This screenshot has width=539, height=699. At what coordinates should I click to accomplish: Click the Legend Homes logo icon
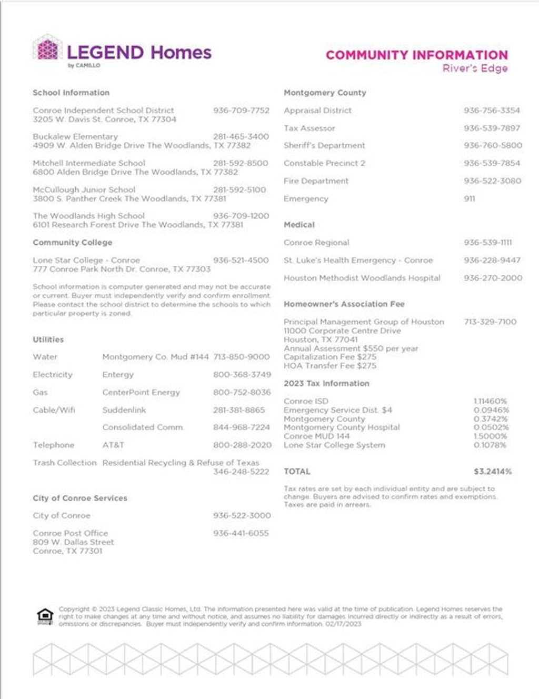pyautogui.click(x=47, y=49)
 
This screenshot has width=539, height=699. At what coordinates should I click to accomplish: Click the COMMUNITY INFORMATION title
pyautogui.click(x=416, y=55)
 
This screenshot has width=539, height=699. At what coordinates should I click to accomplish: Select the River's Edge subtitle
pyautogui.click(x=475, y=68)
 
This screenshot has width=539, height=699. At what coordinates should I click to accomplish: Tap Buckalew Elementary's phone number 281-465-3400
pyautogui.click(x=241, y=136)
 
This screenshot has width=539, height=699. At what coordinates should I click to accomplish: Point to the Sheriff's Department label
pyautogui.click(x=324, y=145)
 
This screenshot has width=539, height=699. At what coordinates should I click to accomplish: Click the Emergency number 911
pyautogui.click(x=469, y=198)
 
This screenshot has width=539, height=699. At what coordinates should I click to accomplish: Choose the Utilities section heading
pyautogui.click(x=48, y=339)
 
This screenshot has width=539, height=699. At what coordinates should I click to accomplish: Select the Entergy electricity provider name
pyautogui.click(x=118, y=375)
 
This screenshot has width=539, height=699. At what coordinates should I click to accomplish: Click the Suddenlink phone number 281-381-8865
pyautogui.click(x=239, y=410)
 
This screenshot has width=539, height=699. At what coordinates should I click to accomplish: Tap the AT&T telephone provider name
pyautogui.click(x=113, y=445)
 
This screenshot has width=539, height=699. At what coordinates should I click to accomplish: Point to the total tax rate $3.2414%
pyautogui.click(x=492, y=472)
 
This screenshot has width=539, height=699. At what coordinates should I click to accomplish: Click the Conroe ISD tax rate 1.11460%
pyautogui.click(x=490, y=401)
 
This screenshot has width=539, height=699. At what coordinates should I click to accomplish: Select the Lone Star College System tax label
pyautogui.click(x=334, y=445)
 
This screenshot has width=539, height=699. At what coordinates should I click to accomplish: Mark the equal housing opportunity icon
pyautogui.click(x=45, y=616)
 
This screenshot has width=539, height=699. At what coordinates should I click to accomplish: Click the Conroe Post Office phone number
pyautogui.click(x=241, y=533)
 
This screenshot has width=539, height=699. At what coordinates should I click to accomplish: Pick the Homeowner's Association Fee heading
pyautogui.click(x=344, y=304)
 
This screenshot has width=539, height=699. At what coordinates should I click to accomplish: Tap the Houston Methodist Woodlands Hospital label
pyautogui.click(x=362, y=278)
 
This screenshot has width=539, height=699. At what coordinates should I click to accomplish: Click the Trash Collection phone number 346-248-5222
pyautogui.click(x=241, y=472)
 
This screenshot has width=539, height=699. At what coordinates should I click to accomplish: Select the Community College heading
pyautogui.click(x=72, y=243)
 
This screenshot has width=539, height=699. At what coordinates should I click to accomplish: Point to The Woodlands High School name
pyautogui.click(x=88, y=216)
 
